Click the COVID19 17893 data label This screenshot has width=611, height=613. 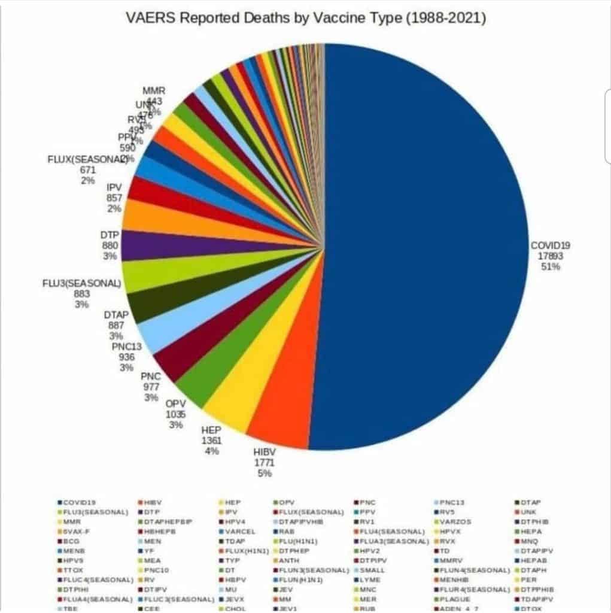(551, 256)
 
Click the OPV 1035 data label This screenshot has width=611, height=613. (176, 413)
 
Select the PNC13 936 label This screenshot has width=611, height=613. (126, 357)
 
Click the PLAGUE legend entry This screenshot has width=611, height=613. (460, 598)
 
